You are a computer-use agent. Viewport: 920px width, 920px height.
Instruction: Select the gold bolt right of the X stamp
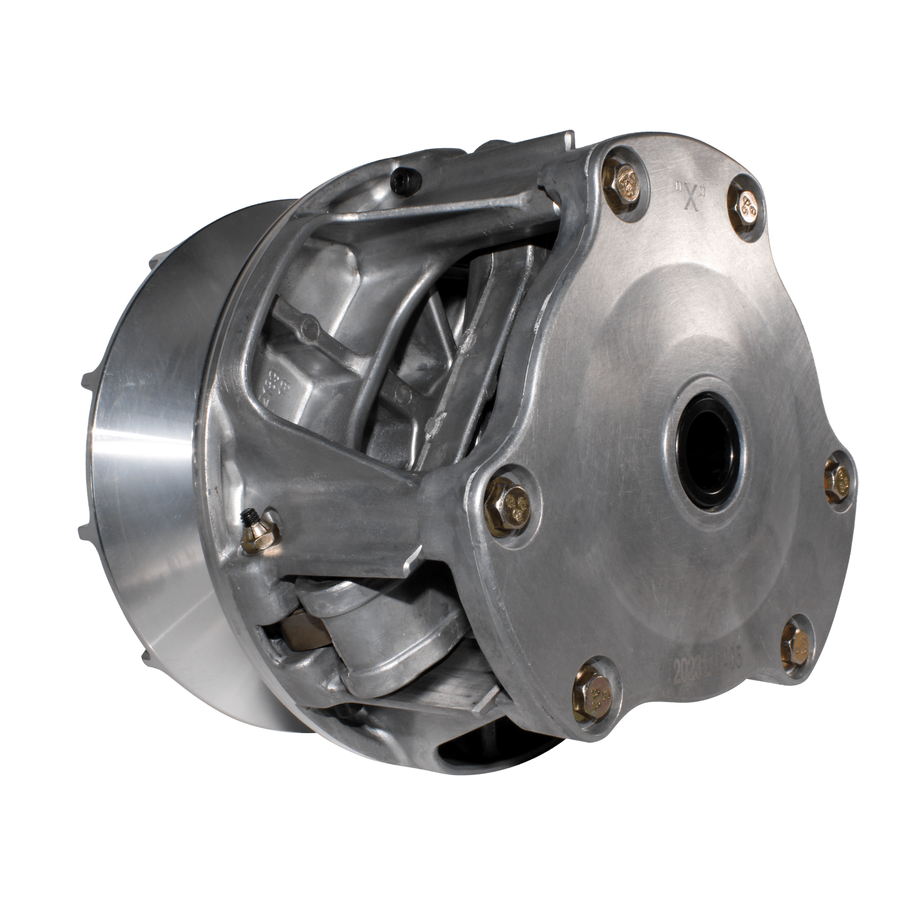click(x=746, y=201)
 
